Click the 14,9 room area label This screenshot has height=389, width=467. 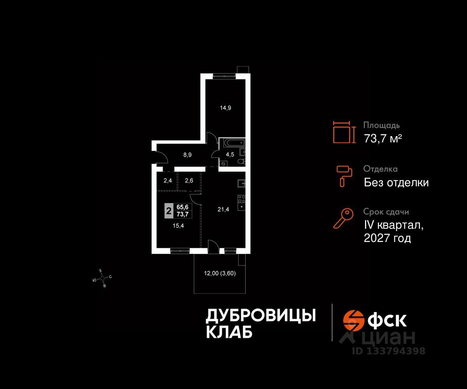[225, 108]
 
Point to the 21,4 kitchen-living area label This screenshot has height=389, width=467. [223, 210]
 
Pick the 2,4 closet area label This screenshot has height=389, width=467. [167, 180]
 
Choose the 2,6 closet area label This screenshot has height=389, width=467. [189, 180]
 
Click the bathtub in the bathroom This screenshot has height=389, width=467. [232, 142]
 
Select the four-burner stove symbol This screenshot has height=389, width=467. [242, 198]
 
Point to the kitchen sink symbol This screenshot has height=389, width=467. [241, 183]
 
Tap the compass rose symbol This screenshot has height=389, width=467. [103, 278]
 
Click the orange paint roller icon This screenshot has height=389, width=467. [344, 175]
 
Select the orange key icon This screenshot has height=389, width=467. [343, 218]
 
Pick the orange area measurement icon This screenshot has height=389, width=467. [344, 132]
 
